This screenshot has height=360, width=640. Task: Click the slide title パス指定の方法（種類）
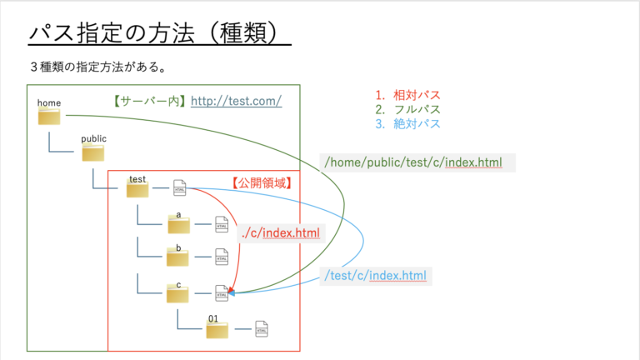(x=159, y=34)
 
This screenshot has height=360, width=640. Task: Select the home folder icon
(x=50, y=117)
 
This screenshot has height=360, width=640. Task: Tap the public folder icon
(x=93, y=153)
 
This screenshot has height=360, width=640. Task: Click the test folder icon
(x=137, y=191)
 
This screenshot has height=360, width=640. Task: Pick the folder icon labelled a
(x=178, y=225)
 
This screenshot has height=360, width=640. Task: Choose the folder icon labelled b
(x=178, y=258)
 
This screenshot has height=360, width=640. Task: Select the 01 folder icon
(x=217, y=330)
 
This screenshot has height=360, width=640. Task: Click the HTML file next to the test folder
(x=179, y=189)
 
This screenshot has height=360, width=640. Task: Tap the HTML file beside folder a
(x=221, y=224)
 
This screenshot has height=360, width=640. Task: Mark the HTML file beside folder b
(x=221, y=257)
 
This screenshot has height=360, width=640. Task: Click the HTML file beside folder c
(x=221, y=292)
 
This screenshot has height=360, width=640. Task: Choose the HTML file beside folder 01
(x=262, y=330)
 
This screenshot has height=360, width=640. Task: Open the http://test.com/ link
(x=236, y=102)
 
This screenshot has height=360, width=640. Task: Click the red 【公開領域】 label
(x=261, y=182)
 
